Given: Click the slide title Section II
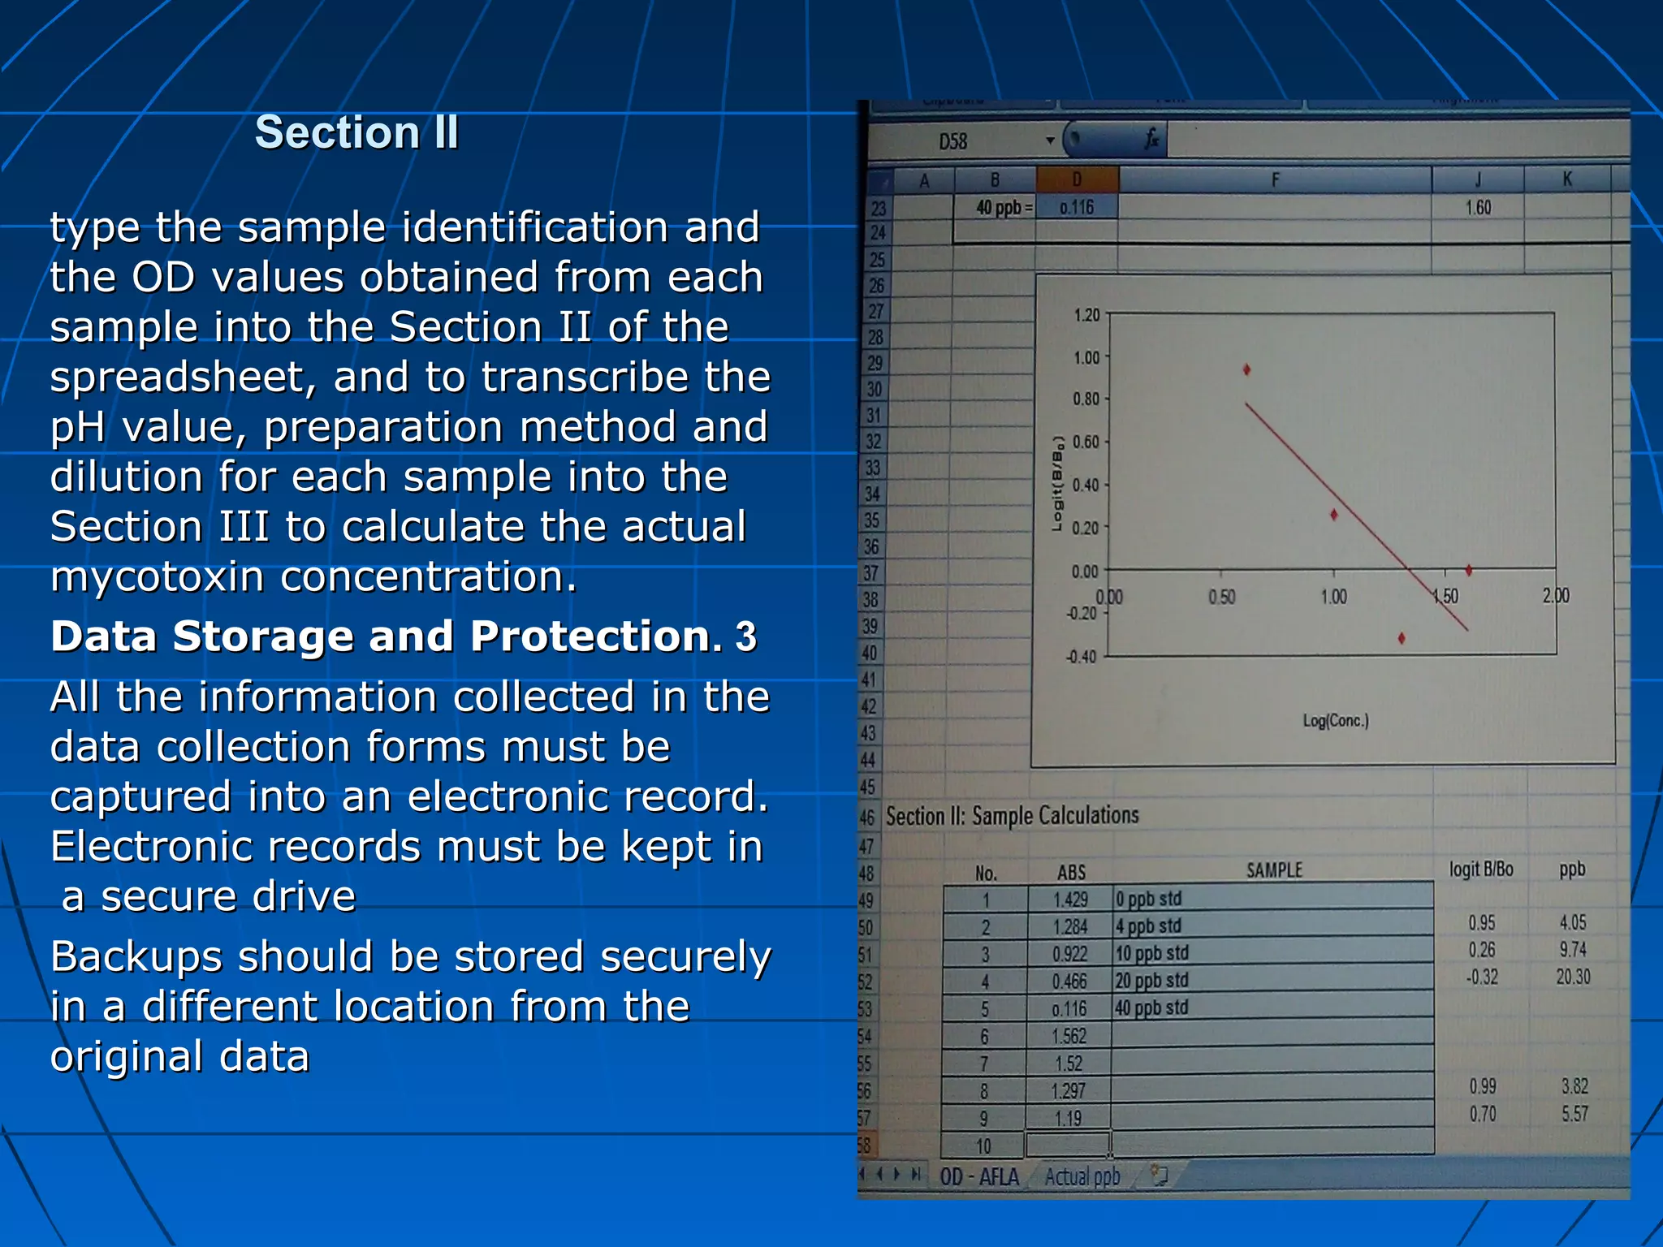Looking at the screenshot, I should click(x=356, y=132).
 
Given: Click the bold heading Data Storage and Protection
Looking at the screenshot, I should click(x=386, y=636).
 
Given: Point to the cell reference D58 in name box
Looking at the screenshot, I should click(x=952, y=142).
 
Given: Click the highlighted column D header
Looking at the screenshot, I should click(x=1077, y=179).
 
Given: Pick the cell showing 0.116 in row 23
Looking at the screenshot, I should click(x=1077, y=208).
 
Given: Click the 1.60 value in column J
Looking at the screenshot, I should click(x=1478, y=208).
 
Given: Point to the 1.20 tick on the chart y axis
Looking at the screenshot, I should click(x=1086, y=315).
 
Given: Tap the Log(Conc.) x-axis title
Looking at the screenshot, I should click(x=1336, y=721).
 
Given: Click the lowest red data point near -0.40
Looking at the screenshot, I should click(x=1402, y=639).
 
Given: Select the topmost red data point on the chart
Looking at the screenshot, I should click(x=1247, y=370).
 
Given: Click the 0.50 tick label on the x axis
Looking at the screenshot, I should click(x=1221, y=598).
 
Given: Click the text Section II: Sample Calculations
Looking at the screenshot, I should click(x=1013, y=816).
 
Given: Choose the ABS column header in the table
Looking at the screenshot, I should click(x=1071, y=873).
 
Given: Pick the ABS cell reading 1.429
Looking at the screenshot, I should click(x=1070, y=900).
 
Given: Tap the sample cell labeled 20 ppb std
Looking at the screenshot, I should click(x=1151, y=981).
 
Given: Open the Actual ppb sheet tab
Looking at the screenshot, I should click(x=1082, y=1176).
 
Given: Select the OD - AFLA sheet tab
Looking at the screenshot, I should click(x=979, y=1176).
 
